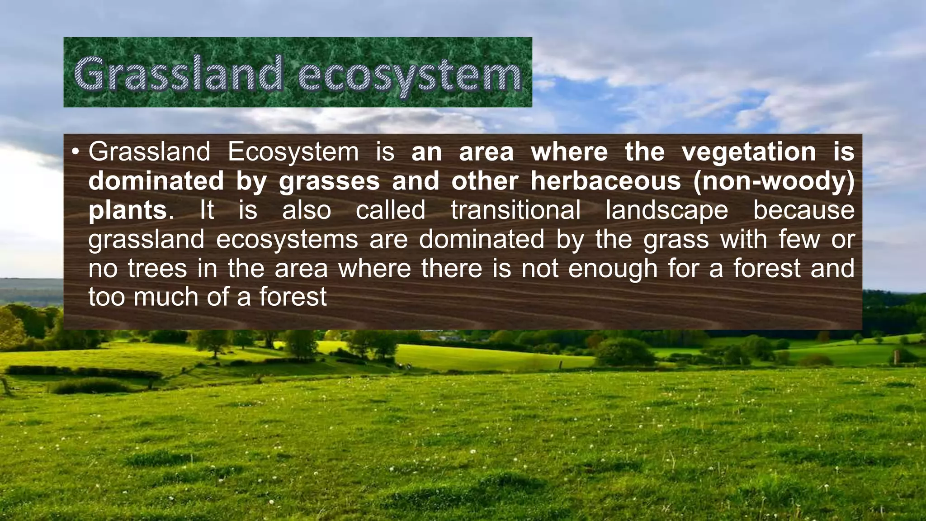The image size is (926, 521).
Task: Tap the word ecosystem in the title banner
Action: [410, 75]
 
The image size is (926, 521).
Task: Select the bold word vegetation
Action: [749, 152]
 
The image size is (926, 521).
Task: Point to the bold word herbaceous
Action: [605, 181]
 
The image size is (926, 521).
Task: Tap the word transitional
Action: [515, 210]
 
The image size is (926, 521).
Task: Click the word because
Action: [803, 210]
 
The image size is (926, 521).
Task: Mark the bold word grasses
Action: [329, 182]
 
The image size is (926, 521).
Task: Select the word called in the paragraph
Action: [391, 210]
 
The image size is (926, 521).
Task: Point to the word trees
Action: [157, 269]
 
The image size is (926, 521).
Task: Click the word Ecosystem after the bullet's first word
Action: [293, 152]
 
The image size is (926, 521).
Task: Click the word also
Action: [307, 210]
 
